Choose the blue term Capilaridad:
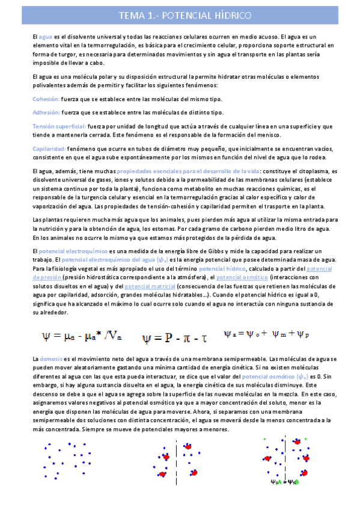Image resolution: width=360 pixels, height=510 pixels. tap(49, 148)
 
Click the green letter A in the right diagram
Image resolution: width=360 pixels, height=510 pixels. tap(265, 440)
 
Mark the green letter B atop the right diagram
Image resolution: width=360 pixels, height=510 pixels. tap(305, 440)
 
